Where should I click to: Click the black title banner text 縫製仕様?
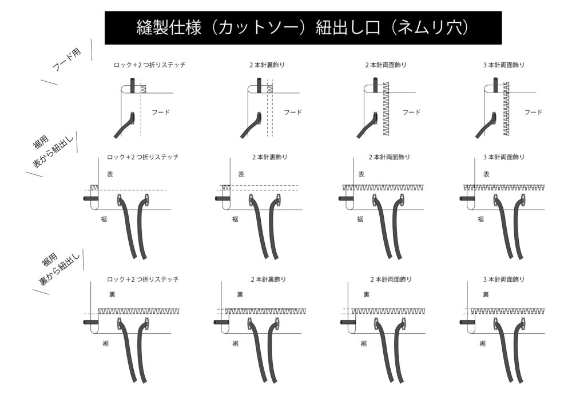(169, 27)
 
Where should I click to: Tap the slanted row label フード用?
(67, 59)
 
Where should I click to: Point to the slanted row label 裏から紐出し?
(59, 269)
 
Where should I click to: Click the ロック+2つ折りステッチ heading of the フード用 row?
(149, 65)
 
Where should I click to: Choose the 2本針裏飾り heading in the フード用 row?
(267, 65)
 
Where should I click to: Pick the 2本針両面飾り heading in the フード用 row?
(386, 65)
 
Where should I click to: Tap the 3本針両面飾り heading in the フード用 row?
(504, 65)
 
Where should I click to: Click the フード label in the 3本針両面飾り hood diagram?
(533, 112)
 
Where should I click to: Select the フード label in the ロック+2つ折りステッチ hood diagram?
(161, 112)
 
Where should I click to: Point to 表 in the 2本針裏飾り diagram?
(241, 174)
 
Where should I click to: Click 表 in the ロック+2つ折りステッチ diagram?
(110, 174)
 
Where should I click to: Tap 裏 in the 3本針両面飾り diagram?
(486, 294)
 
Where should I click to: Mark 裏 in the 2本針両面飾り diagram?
(366, 294)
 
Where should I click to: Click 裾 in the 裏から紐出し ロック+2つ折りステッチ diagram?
(105, 343)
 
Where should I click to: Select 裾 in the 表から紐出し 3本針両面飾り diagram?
(481, 219)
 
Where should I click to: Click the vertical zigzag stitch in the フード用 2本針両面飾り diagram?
(386, 109)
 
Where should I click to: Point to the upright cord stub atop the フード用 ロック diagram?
(133, 85)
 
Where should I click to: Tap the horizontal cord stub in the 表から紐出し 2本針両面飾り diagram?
(346, 198)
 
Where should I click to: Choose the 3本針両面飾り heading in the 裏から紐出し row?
(504, 279)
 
